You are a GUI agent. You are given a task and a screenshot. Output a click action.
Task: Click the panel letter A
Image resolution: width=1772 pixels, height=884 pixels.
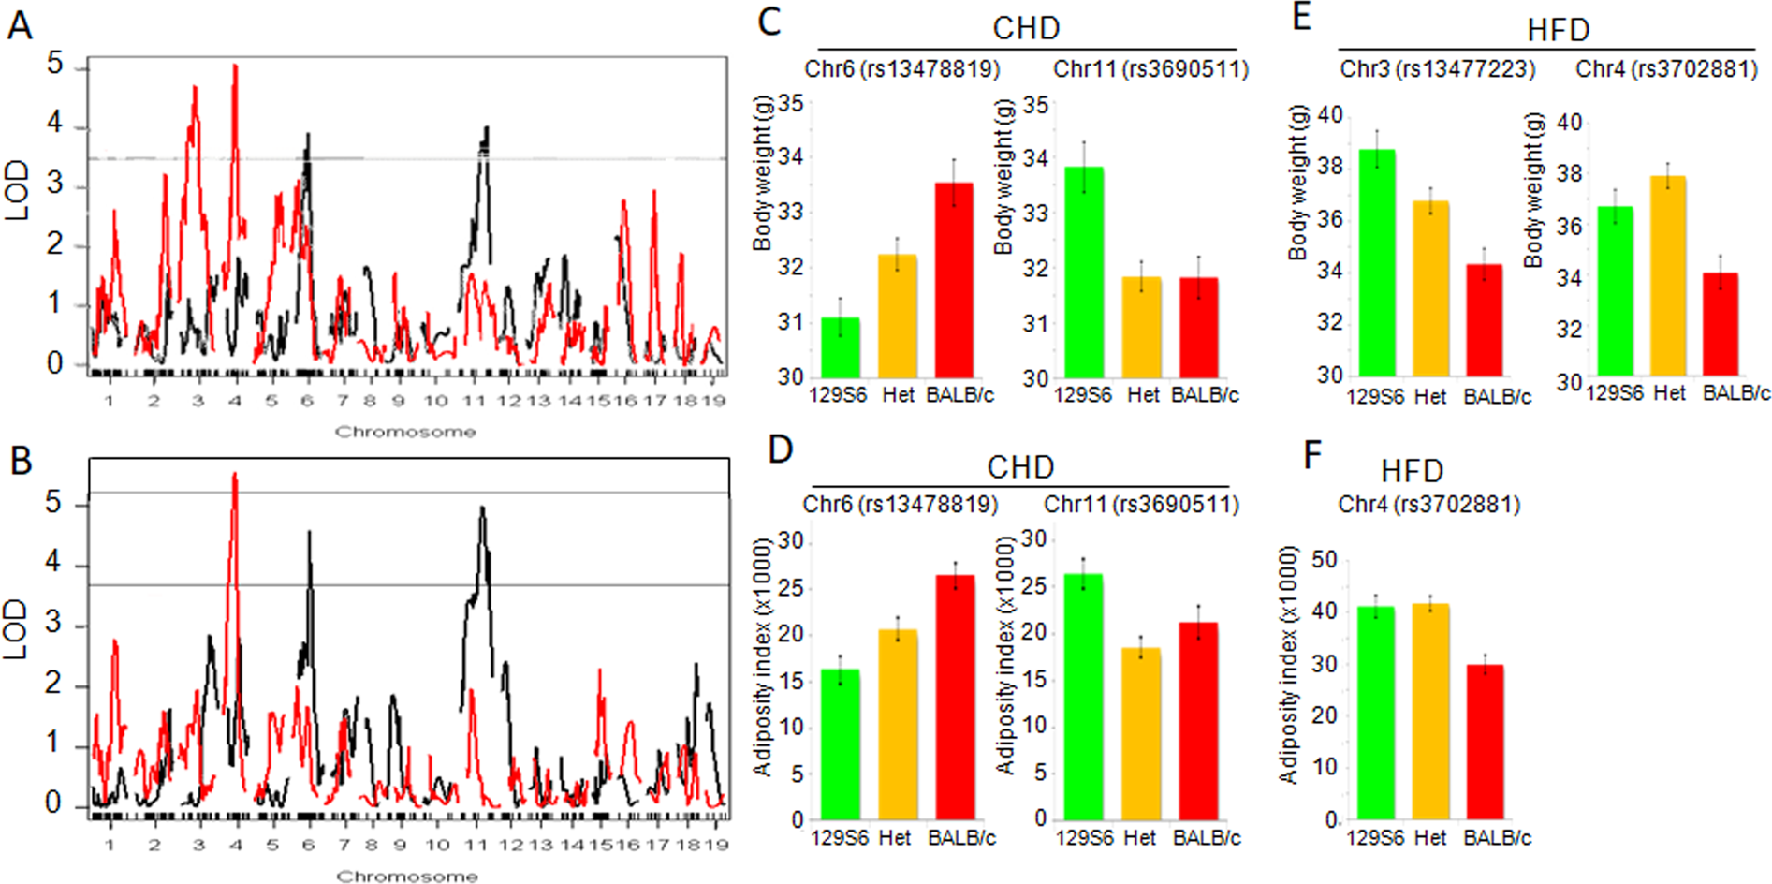20,25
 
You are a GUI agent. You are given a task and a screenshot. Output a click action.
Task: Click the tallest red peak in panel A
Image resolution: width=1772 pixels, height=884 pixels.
235,67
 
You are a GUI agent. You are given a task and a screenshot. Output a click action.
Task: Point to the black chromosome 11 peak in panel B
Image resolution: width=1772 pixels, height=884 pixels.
482,511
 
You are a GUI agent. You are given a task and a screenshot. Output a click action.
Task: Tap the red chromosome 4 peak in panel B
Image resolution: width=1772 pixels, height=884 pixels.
235,478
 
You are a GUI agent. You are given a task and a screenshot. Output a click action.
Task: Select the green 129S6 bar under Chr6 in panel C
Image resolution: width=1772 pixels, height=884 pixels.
841,346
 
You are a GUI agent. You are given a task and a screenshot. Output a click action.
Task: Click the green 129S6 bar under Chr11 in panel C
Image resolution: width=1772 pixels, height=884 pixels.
1084,272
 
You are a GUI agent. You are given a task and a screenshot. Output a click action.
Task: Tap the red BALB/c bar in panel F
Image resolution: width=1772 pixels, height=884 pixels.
1485,741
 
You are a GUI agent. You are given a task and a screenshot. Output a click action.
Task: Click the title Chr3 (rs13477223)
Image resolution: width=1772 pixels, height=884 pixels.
1437,69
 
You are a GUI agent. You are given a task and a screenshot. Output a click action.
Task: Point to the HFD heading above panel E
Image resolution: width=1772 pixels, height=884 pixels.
1558,30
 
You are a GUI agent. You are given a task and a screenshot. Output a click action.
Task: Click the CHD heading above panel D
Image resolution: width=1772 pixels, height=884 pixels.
1020,466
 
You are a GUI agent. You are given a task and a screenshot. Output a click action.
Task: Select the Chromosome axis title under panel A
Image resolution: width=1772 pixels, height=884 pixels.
405,432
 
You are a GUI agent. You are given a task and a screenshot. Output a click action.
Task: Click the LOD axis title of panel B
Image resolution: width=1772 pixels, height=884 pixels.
17,628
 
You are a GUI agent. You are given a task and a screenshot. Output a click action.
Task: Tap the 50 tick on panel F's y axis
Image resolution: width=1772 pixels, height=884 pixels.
1325,560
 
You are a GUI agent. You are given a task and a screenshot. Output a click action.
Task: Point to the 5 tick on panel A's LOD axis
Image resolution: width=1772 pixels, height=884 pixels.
55,64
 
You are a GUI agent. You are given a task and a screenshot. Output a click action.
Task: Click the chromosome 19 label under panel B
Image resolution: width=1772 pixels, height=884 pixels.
716,845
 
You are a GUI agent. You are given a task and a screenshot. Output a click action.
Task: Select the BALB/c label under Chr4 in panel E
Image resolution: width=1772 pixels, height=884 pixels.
1735,393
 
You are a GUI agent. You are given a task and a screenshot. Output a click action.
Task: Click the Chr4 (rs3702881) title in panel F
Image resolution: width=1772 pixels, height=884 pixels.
1428,505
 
